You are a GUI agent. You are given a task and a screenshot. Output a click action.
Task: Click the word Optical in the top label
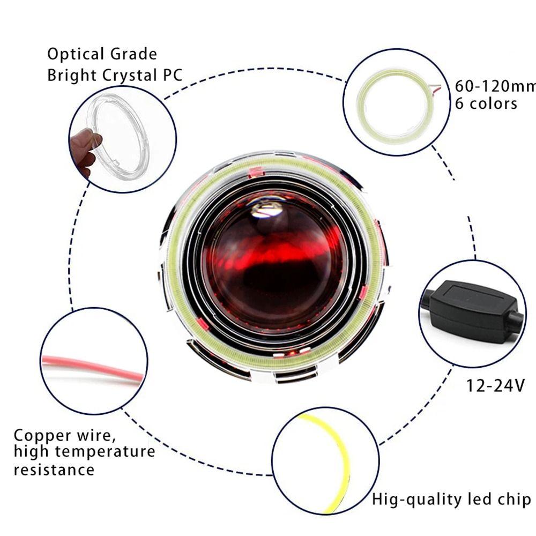point(76,55)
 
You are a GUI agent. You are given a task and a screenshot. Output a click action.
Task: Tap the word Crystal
point(130,76)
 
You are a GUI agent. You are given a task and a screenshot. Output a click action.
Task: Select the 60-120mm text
point(495,86)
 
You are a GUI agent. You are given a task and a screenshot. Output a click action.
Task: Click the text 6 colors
point(486,103)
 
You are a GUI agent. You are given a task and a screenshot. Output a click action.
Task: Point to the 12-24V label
point(495,386)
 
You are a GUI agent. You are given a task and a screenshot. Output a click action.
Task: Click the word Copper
point(42,436)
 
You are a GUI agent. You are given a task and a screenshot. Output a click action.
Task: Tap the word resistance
point(54,470)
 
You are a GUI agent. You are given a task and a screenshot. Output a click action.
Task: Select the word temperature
point(105,452)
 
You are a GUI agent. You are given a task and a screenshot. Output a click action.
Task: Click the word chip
point(514,500)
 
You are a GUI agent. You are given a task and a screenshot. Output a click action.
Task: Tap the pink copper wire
point(92,367)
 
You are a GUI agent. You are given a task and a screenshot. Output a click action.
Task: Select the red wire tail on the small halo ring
point(435,88)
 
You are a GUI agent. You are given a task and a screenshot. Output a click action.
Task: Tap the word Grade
point(133,54)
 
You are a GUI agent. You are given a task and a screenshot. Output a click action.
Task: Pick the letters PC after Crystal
point(173,76)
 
